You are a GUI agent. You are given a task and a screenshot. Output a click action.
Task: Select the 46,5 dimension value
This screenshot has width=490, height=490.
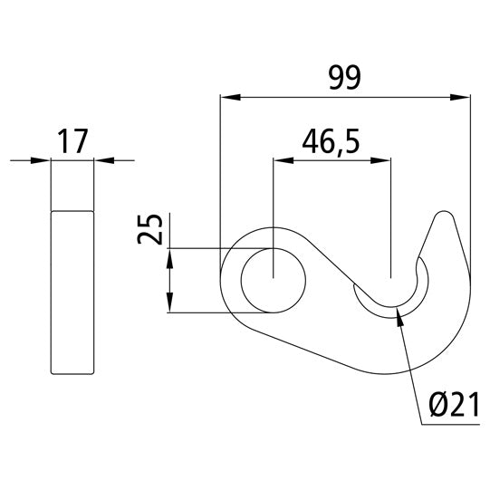pyautogui.click(x=331, y=143)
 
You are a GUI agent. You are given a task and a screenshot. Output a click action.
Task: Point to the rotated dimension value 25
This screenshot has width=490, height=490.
pyautogui.click(x=151, y=230)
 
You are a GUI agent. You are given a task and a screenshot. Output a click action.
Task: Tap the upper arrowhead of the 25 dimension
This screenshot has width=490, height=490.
pyautogui.click(x=169, y=257)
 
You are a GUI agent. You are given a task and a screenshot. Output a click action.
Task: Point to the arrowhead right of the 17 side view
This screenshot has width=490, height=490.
pyautogui.click(x=101, y=161)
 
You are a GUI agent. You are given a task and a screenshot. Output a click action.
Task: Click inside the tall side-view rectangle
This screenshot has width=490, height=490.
pyautogui.click(x=72, y=290)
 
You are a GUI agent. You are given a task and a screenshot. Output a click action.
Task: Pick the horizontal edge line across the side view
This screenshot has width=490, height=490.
pyautogui.click(x=72, y=210)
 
